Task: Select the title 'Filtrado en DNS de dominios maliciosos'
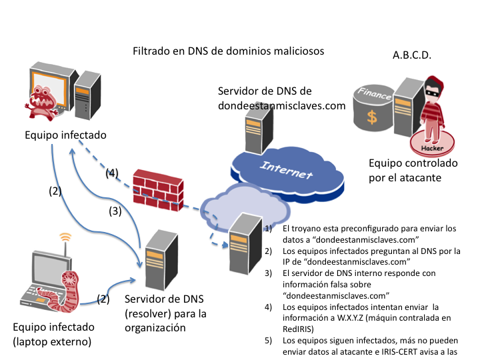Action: (228, 51)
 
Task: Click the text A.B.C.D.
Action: (412, 55)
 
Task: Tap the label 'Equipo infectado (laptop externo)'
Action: (54, 335)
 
